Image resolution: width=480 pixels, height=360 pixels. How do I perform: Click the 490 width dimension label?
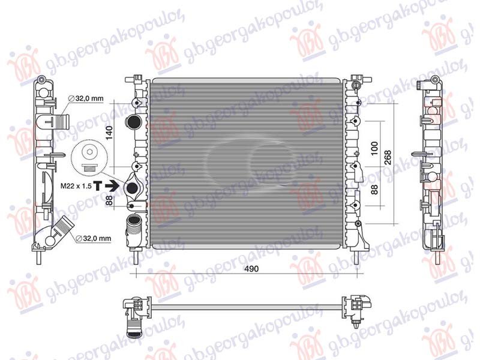(251, 269)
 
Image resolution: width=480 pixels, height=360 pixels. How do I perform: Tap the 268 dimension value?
(388, 157)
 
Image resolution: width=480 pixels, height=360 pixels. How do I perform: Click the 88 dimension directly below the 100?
(374, 191)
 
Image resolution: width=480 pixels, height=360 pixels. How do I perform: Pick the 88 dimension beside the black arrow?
(109, 201)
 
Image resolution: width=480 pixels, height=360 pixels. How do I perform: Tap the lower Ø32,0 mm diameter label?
(94, 238)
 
